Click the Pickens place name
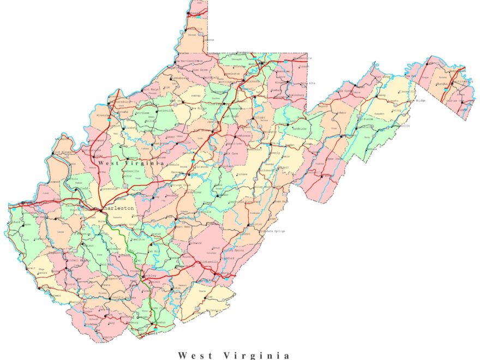pos(242,175)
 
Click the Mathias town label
pos(372,148)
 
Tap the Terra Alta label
pos(309,83)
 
